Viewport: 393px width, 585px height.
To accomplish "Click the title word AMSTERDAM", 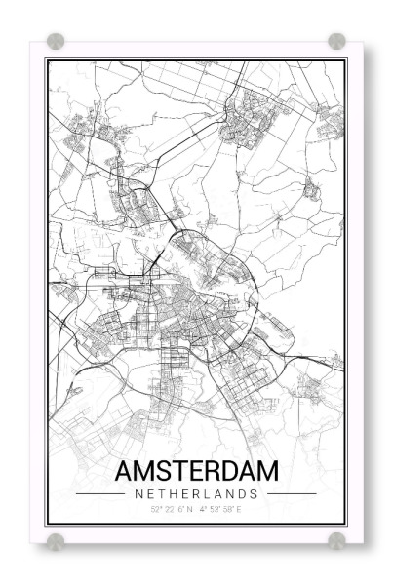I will click(196, 470).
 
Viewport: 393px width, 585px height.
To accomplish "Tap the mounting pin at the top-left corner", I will click(56, 41).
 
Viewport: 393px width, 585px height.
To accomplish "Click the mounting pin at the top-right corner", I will click(336, 41).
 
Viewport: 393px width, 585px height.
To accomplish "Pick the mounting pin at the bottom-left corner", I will click(56, 539).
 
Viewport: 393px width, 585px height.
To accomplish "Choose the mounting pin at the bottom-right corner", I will click(336, 539).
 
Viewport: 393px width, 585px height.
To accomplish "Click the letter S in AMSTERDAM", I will click(165, 470).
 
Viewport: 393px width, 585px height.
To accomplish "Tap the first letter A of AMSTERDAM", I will click(124, 470).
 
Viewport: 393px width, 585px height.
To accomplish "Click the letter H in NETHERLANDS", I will click(172, 493).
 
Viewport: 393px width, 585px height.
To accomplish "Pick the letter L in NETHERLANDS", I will click(208, 493).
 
